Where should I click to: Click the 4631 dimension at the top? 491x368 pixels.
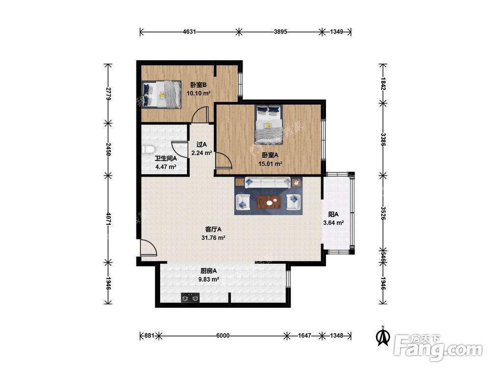click(x=190, y=31)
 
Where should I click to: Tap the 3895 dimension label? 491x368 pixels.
click(x=280, y=31)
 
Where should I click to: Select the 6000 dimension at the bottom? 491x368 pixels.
click(x=222, y=336)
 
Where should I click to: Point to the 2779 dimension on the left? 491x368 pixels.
click(x=108, y=94)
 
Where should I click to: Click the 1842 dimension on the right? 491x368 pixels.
click(x=383, y=83)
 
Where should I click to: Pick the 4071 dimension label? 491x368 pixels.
click(x=108, y=219)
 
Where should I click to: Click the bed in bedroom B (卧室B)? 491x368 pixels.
click(x=161, y=95)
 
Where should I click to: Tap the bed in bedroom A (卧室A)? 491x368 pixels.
click(x=269, y=124)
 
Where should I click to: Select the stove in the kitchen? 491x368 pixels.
click(x=191, y=298)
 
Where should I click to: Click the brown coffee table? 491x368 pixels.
click(x=269, y=202)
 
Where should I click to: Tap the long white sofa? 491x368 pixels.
click(x=267, y=183)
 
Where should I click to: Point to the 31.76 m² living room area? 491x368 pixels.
click(x=214, y=238)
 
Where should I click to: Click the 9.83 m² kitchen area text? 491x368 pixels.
click(x=209, y=280)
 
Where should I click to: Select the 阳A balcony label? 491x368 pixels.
click(x=333, y=214)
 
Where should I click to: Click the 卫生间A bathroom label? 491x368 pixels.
click(x=165, y=158)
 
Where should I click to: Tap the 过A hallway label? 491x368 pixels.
click(x=202, y=145)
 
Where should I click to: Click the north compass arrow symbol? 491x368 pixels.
click(x=382, y=336)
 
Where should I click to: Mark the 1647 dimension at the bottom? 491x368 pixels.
click(x=304, y=336)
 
